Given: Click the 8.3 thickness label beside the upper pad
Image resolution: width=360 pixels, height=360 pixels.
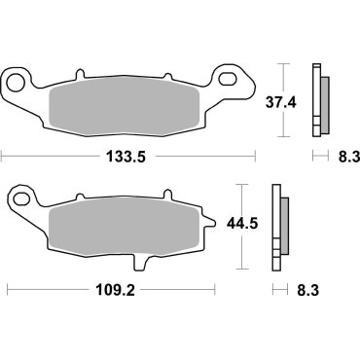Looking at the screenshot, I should [331, 154].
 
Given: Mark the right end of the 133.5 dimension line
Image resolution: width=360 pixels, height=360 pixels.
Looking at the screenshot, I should [254, 154].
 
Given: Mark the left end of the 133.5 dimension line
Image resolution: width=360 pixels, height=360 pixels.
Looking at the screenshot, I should [2, 154].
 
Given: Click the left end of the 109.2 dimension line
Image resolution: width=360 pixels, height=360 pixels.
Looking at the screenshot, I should [8, 290].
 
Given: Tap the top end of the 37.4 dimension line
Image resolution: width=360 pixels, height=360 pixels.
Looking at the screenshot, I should [283, 64].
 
